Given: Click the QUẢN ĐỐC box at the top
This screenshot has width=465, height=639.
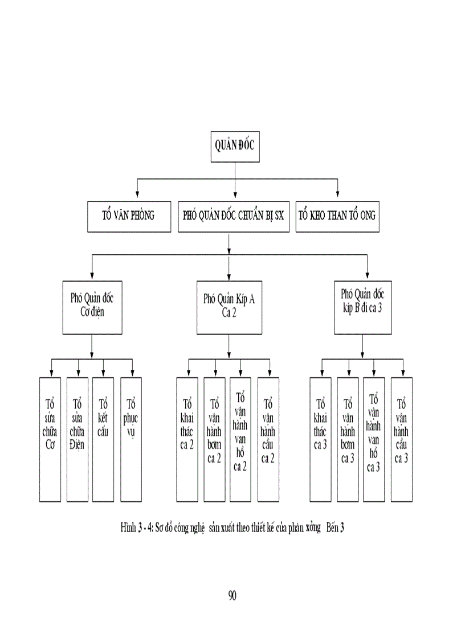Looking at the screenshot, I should [x=234, y=146].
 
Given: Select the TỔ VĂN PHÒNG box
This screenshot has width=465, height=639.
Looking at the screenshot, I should [x=129, y=216].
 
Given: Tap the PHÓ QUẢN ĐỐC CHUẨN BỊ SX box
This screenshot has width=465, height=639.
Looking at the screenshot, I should [x=233, y=216].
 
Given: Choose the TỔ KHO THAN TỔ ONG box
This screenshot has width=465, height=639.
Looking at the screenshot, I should [x=337, y=216].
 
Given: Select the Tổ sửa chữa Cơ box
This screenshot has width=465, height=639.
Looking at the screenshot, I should [x=50, y=439].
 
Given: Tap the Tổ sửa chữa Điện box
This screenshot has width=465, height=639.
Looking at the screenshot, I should [x=77, y=439].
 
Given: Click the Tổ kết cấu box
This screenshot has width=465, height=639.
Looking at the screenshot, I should [x=104, y=439].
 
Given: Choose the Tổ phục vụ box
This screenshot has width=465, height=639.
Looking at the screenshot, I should [x=131, y=439].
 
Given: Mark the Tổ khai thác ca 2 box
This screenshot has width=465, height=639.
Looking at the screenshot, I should [x=187, y=439].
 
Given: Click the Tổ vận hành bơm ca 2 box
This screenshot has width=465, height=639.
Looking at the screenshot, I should [x=215, y=439].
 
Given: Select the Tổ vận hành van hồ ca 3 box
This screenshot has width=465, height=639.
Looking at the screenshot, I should [x=374, y=439].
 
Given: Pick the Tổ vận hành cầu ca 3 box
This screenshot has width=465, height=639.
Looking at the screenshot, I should [x=401, y=439].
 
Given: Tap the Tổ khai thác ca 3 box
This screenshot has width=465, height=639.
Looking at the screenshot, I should [x=321, y=439].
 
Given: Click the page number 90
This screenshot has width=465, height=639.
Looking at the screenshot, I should [x=232, y=595].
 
